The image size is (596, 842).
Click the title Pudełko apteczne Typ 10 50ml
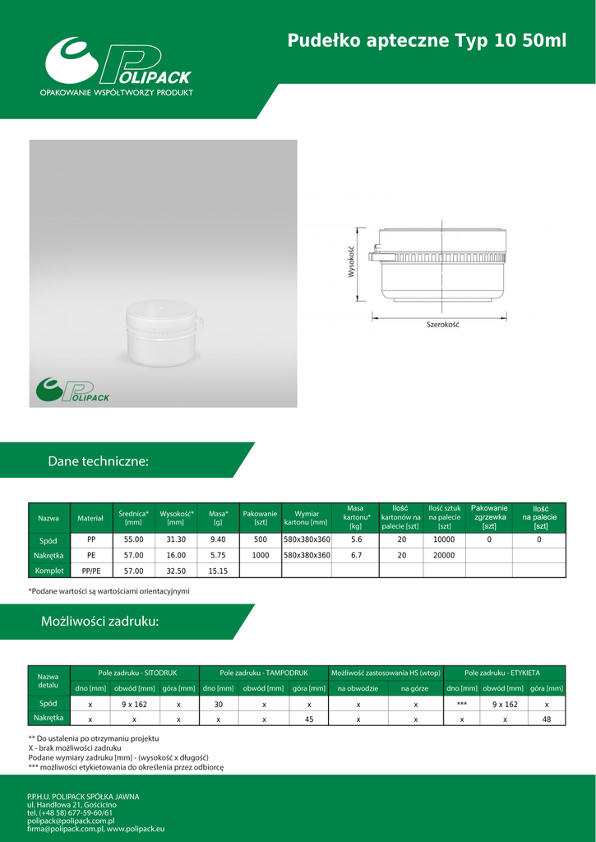pos(427,41)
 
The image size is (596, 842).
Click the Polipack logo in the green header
pos(118,67)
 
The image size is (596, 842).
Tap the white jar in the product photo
pos(164,335)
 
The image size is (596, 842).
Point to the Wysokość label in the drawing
pos(351,262)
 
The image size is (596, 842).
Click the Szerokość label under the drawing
pos(444,325)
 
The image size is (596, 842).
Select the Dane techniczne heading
pos(99,460)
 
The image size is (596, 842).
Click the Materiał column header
pos(90,518)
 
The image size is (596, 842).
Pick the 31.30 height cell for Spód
pos(176,540)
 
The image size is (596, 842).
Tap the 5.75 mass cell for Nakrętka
pos(218,555)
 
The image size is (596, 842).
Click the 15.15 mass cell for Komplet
pos(218,571)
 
